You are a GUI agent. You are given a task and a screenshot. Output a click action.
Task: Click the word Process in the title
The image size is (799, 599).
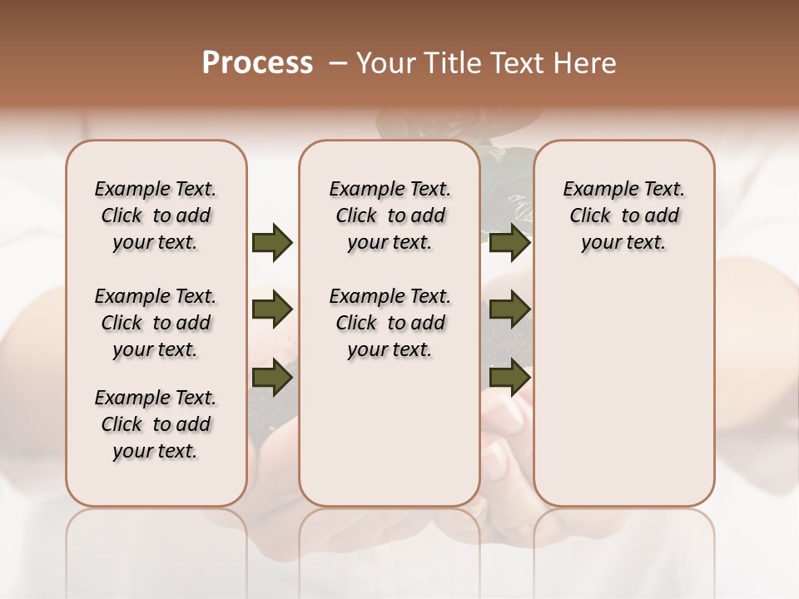click(x=257, y=63)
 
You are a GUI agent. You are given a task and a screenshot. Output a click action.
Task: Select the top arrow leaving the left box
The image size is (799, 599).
click(x=272, y=242)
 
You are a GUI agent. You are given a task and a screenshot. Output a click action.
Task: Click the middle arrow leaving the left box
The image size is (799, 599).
click(x=272, y=309)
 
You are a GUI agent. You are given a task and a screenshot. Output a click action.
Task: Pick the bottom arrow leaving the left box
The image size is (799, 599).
click(x=272, y=379)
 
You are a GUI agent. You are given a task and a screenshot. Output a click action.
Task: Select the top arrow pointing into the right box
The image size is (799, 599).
click(x=510, y=242)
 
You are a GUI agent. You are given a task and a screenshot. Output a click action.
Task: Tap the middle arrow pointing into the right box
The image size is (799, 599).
click(x=510, y=309)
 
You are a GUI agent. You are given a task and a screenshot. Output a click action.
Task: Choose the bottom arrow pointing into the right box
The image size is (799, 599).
click(x=510, y=379)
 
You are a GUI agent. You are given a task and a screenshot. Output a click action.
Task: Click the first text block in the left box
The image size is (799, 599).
click(x=156, y=215)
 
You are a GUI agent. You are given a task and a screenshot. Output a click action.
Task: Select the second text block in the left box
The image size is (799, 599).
click(x=156, y=323)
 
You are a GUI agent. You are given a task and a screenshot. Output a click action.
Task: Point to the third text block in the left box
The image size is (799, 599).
click(x=156, y=424)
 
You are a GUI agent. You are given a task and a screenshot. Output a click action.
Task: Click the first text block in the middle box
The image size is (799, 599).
click(x=390, y=215)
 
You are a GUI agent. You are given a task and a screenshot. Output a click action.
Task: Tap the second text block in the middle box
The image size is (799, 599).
click(x=390, y=323)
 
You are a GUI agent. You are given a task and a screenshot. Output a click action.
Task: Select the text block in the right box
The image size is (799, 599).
click(x=623, y=215)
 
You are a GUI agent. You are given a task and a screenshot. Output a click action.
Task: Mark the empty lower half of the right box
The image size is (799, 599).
click(x=623, y=399)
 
